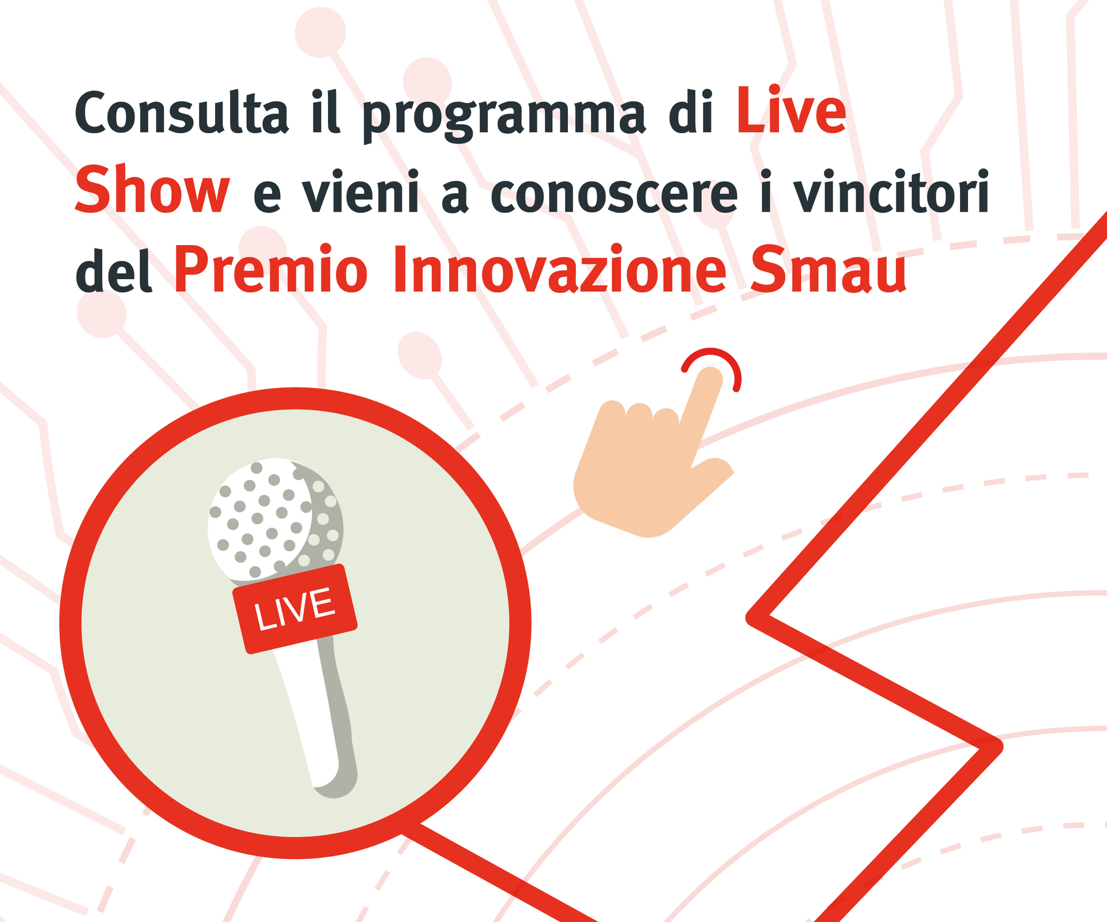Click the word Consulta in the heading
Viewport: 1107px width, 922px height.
(x=182, y=112)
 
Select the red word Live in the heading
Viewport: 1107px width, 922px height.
(x=791, y=110)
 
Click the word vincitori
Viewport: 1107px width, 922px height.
(x=891, y=191)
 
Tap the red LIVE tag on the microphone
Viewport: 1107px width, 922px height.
(x=295, y=609)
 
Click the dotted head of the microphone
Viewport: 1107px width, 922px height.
(x=276, y=519)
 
